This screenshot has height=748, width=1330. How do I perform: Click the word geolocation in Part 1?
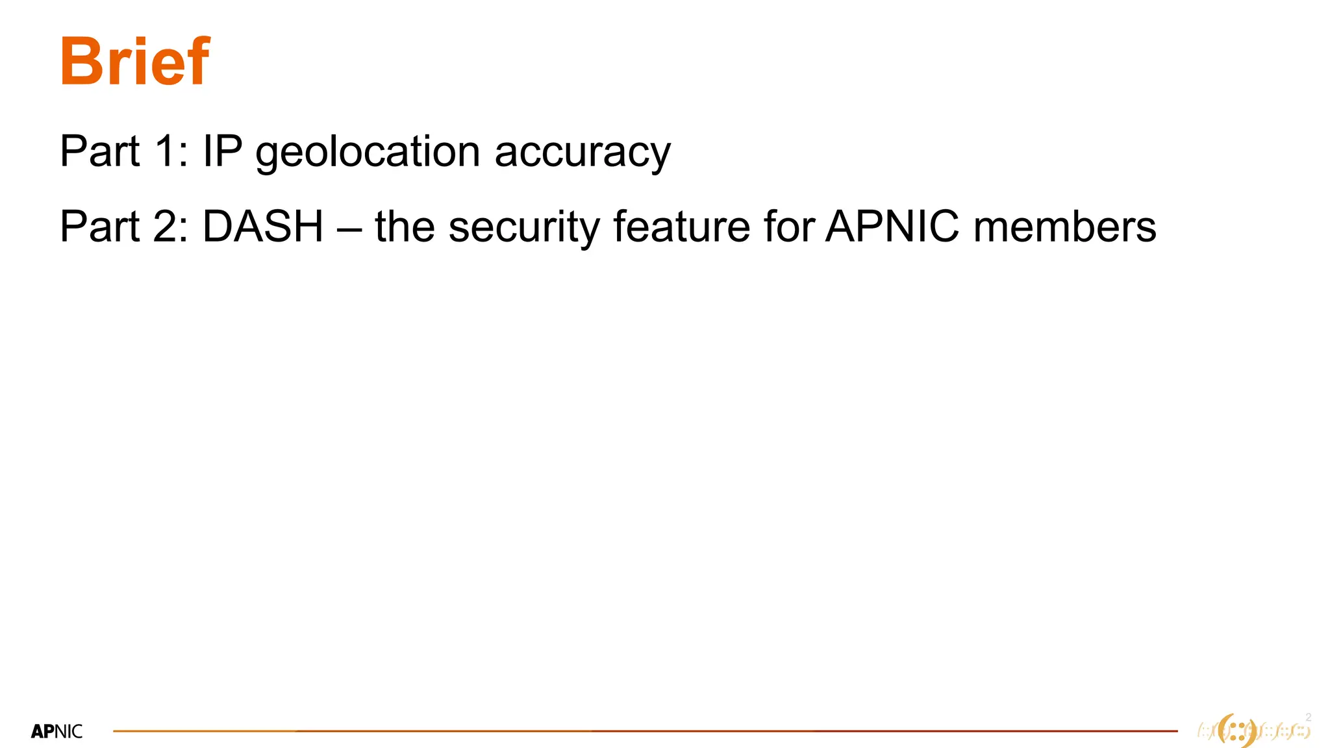pos(368,153)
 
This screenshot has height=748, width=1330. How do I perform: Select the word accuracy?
pos(583,153)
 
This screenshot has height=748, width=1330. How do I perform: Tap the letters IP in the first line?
pos(222,151)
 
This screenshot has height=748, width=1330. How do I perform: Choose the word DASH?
pos(263,227)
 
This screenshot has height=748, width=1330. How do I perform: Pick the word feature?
pos(681,227)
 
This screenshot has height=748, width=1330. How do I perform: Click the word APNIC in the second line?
pos(892,227)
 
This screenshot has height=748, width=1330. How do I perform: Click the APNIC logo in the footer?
pos(57,732)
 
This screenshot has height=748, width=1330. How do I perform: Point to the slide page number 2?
pos(1308,717)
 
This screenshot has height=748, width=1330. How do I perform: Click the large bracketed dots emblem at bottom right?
pos(1237,731)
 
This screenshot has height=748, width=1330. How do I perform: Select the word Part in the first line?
pos(99,151)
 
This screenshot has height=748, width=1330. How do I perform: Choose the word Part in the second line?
pos(99,227)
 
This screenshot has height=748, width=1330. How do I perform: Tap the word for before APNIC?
pos(790,227)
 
